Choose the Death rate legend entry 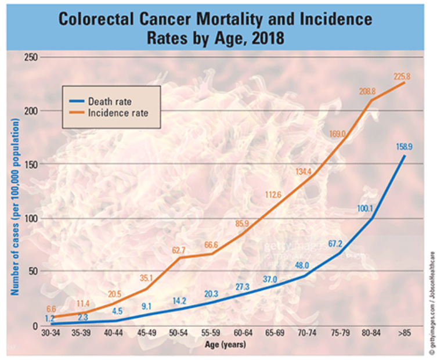[110, 102]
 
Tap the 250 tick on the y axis [31, 57]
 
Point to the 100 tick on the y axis [31, 218]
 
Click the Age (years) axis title [226, 345]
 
